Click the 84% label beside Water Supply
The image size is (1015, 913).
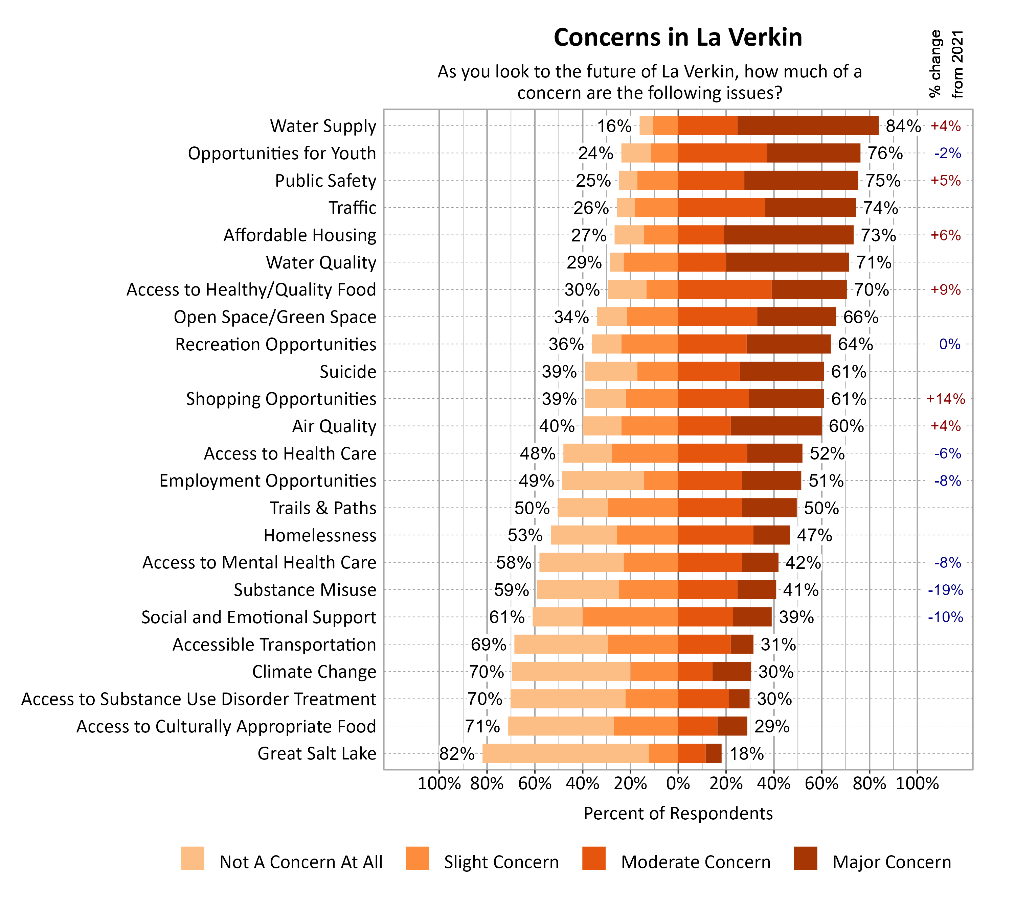[903, 126]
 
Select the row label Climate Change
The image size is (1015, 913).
[314, 671]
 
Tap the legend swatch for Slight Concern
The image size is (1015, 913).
[417, 858]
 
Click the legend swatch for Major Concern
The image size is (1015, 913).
[805, 858]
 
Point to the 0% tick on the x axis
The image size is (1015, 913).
[678, 783]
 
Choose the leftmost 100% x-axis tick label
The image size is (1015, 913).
[439, 783]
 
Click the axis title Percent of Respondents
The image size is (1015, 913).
[678, 813]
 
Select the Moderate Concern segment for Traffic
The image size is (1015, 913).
[721, 208]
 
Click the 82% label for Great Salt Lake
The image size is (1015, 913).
[456, 753]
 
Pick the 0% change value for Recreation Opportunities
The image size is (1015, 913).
[949, 344]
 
